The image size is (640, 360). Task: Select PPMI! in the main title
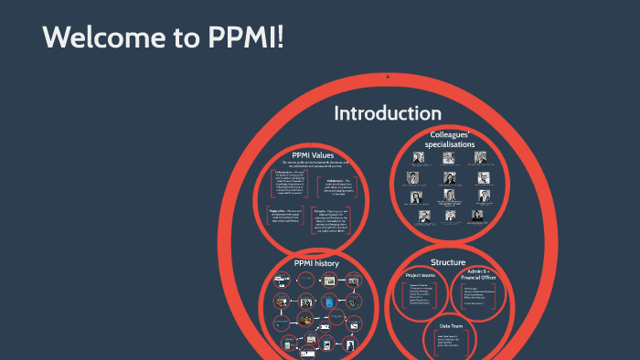(240, 39)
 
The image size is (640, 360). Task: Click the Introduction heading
(387, 113)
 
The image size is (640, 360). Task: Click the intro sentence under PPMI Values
(316, 164)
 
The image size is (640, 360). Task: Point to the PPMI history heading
(316, 263)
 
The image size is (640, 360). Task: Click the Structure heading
(449, 262)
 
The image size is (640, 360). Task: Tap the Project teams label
(421, 275)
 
